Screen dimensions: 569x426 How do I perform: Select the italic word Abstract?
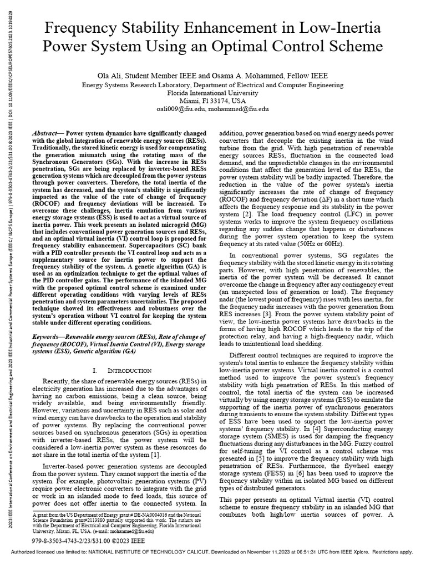[46, 135]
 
